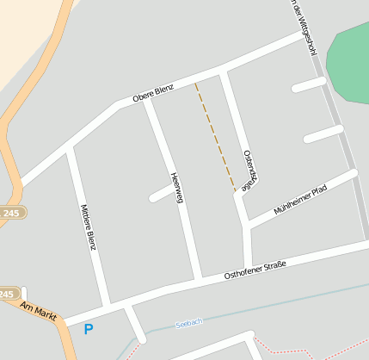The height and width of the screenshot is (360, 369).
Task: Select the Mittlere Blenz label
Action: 87,227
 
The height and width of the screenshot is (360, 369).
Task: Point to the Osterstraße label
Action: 249,169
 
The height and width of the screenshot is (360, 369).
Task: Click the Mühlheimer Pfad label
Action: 300,200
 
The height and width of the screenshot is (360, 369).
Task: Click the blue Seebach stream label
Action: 188,322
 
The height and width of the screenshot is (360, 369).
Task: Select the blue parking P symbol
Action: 88,329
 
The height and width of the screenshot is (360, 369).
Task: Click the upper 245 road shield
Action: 9,212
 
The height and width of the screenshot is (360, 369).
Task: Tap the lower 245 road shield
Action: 7,294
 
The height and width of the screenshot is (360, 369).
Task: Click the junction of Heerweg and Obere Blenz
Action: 147,101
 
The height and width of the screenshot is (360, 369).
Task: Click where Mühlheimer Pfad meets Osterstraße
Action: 248,226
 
